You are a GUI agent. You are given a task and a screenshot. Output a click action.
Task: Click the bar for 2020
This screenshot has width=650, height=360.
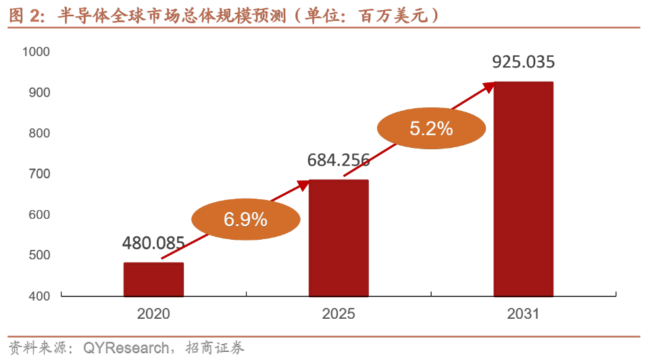(153, 279)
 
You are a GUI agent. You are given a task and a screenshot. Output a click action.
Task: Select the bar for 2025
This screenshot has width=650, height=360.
(339, 238)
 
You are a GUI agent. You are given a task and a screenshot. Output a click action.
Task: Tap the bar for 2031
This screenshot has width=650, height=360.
(524, 189)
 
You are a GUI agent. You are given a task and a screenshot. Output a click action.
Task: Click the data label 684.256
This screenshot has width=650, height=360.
(339, 161)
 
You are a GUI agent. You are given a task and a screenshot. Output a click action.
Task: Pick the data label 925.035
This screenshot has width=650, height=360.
(524, 63)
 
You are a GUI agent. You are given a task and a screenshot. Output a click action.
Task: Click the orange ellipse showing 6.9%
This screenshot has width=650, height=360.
(246, 219)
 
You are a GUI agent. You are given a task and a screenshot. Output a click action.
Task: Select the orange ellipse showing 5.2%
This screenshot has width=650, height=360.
(431, 127)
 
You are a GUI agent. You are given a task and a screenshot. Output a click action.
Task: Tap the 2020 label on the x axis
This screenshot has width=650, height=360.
(153, 314)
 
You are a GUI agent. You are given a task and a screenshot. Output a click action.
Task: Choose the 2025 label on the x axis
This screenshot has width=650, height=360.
(339, 314)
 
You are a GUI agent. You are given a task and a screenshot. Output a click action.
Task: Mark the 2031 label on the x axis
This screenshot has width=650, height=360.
(524, 314)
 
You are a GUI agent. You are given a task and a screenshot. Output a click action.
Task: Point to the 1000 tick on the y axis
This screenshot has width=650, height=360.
(36, 52)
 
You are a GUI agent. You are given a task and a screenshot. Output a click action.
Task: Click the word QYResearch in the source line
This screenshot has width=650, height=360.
(126, 349)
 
